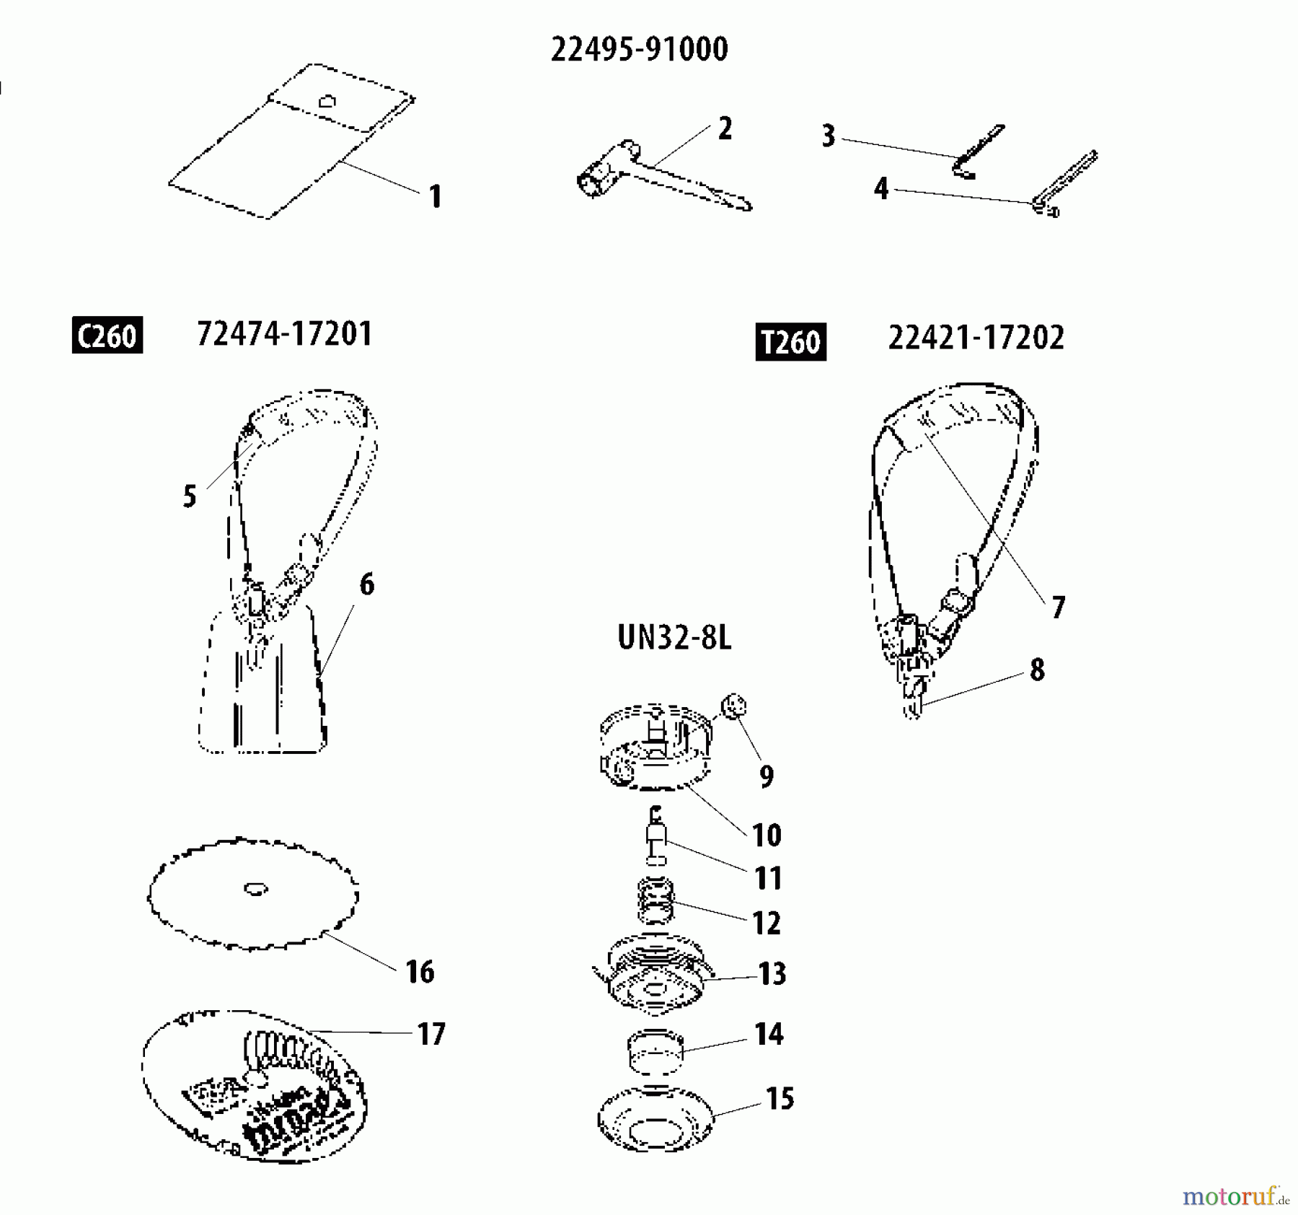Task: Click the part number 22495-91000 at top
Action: point(639,50)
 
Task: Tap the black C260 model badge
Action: point(107,335)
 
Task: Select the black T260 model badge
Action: point(790,342)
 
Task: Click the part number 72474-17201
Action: point(285,334)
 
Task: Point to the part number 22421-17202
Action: point(976,338)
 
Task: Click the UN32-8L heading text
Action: point(674,638)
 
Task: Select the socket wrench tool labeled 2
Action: point(649,177)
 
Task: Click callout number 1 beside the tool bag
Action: point(435,196)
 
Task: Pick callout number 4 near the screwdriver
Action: point(880,189)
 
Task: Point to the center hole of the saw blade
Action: point(255,889)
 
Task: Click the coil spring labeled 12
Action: point(655,901)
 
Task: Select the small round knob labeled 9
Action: point(733,706)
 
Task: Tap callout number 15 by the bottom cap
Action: point(780,1099)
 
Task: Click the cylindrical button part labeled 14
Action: point(654,1054)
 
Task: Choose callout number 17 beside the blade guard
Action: point(431,1034)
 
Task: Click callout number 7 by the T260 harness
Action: point(1058,607)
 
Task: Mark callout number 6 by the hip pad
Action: point(366,584)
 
